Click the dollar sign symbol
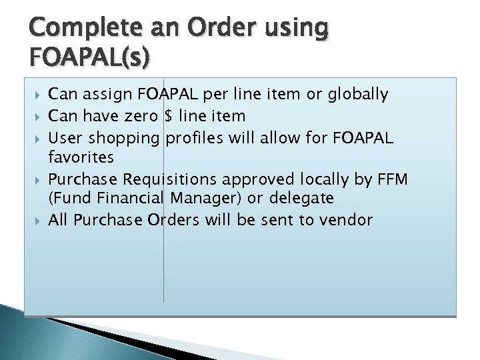pyautogui.click(x=170, y=116)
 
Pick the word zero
pyautogui.click(x=143, y=116)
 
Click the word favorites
pyautogui.click(x=81, y=158)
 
